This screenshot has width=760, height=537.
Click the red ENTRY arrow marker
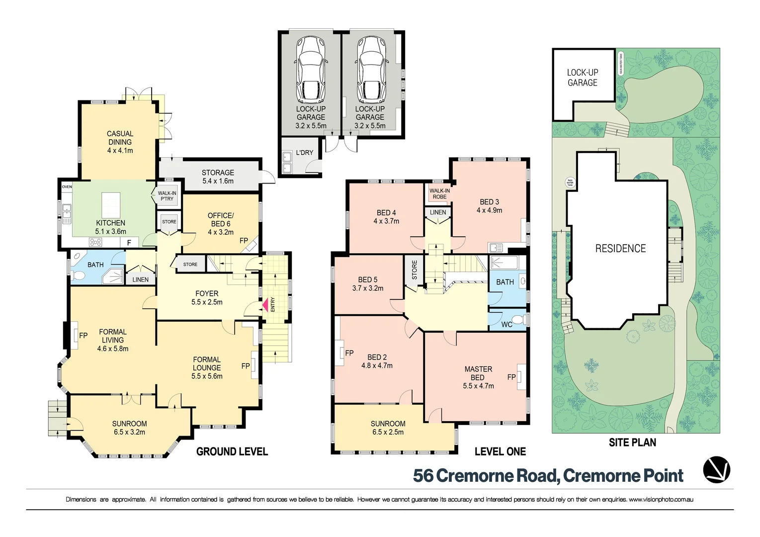pyautogui.click(x=265, y=304)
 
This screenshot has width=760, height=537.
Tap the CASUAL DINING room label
pyautogui.click(x=120, y=142)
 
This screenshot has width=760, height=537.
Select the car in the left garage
pyautogui.click(x=311, y=69)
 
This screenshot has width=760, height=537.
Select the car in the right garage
pyautogui.click(x=370, y=69)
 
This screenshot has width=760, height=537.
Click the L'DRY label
pyautogui.click(x=305, y=153)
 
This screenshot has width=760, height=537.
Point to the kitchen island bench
pyautogui.click(x=111, y=205)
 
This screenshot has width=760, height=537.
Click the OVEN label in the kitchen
pyautogui.click(x=67, y=187)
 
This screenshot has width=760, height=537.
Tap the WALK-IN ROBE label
pyautogui.click(x=439, y=193)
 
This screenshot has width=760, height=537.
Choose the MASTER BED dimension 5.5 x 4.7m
pyautogui.click(x=478, y=386)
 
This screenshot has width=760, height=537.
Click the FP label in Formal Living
pyautogui.click(x=83, y=336)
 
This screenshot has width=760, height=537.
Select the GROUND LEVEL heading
pyautogui.click(x=232, y=451)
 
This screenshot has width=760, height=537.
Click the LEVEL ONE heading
pyautogui.click(x=500, y=451)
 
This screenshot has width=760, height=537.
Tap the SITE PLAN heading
pyautogui.click(x=632, y=443)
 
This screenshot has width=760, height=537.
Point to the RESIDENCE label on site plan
pyautogui.click(x=620, y=249)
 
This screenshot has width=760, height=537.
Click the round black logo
pyautogui.click(x=717, y=469)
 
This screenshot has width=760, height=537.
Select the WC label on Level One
pyautogui.click(x=507, y=325)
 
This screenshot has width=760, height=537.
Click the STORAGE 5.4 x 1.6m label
pyautogui.click(x=218, y=177)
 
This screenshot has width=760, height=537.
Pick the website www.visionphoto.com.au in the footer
pyautogui.click(x=661, y=499)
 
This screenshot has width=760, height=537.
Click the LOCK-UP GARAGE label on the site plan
pyautogui.click(x=583, y=78)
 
